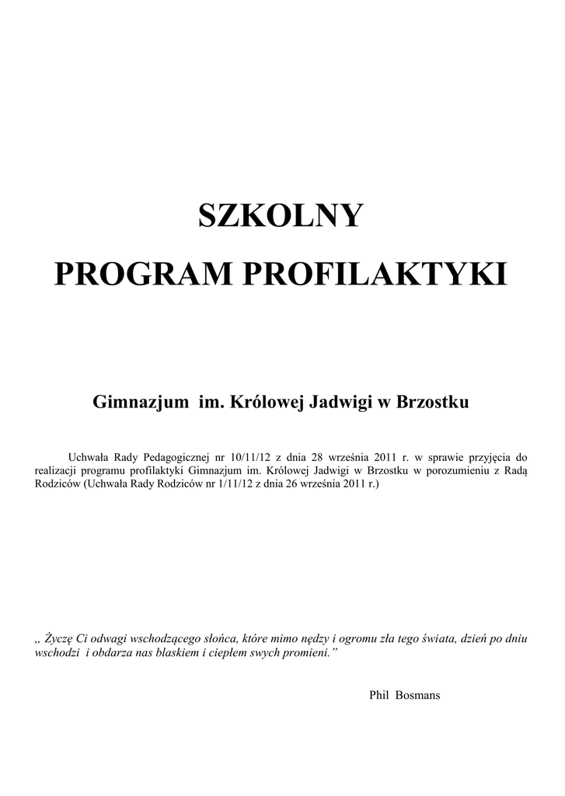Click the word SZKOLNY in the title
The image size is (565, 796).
tap(281, 217)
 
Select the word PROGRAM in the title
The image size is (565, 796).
tap(137, 274)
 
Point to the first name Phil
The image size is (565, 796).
tap(378, 694)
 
